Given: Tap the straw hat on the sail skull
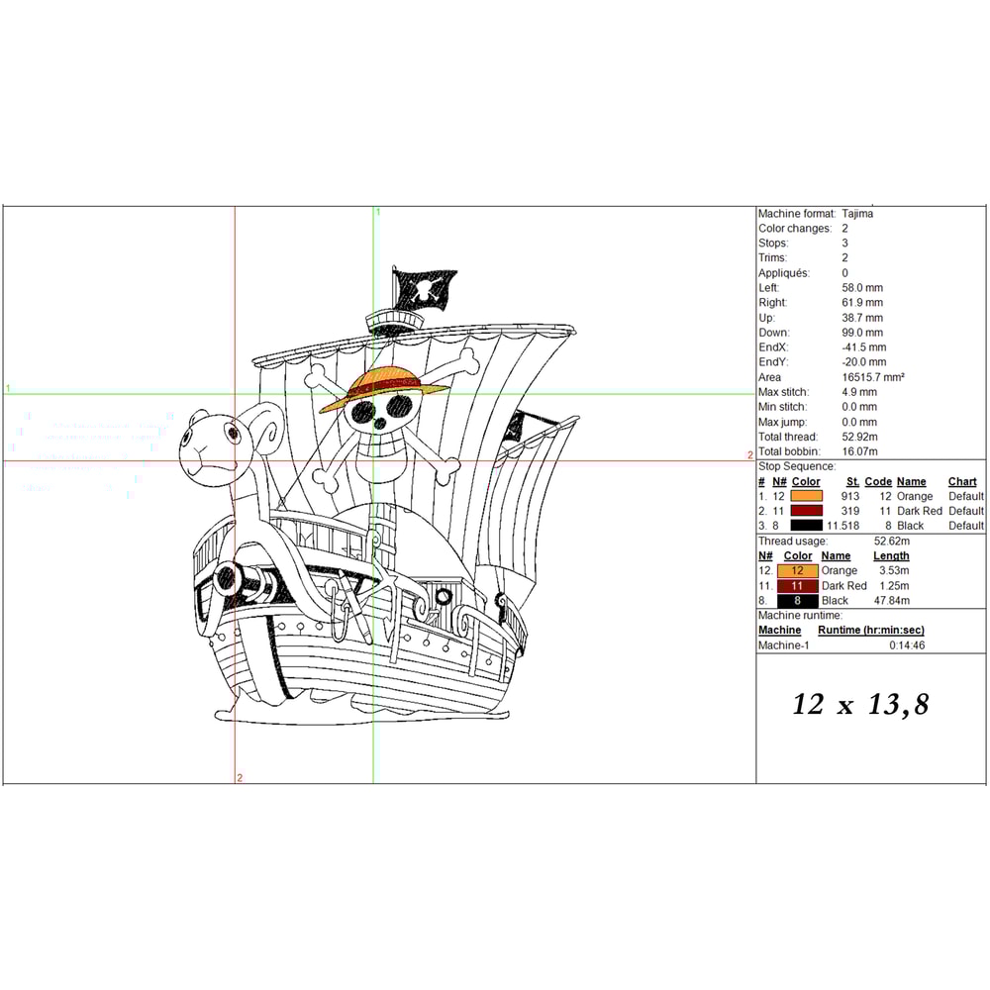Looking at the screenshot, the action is click(384, 387).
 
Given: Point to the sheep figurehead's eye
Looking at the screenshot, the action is click(233, 434).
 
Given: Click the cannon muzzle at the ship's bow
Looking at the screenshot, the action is click(225, 577).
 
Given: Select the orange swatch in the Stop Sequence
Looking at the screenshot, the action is click(806, 496).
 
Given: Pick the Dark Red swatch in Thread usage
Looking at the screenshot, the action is click(797, 586).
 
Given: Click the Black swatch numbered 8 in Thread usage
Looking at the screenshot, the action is click(797, 601).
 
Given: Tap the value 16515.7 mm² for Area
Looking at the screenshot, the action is click(872, 377).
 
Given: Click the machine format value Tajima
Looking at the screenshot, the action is click(857, 214).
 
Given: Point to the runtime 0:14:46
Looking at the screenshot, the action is click(907, 645).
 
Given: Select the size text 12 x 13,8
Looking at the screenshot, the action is click(860, 705).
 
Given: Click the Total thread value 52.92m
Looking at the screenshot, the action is click(859, 437).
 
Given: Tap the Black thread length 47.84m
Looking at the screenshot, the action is click(892, 601).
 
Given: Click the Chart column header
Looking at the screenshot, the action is click(961, 482).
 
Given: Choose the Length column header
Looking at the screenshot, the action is click(891, 556).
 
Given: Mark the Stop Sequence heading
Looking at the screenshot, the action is click(797, 466).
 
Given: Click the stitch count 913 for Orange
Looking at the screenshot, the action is click(849, 496).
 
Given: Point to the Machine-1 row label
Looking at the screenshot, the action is click(783, 645).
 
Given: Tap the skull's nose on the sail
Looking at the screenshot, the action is click(379, 424).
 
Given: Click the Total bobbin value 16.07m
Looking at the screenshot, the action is click(859, 451).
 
